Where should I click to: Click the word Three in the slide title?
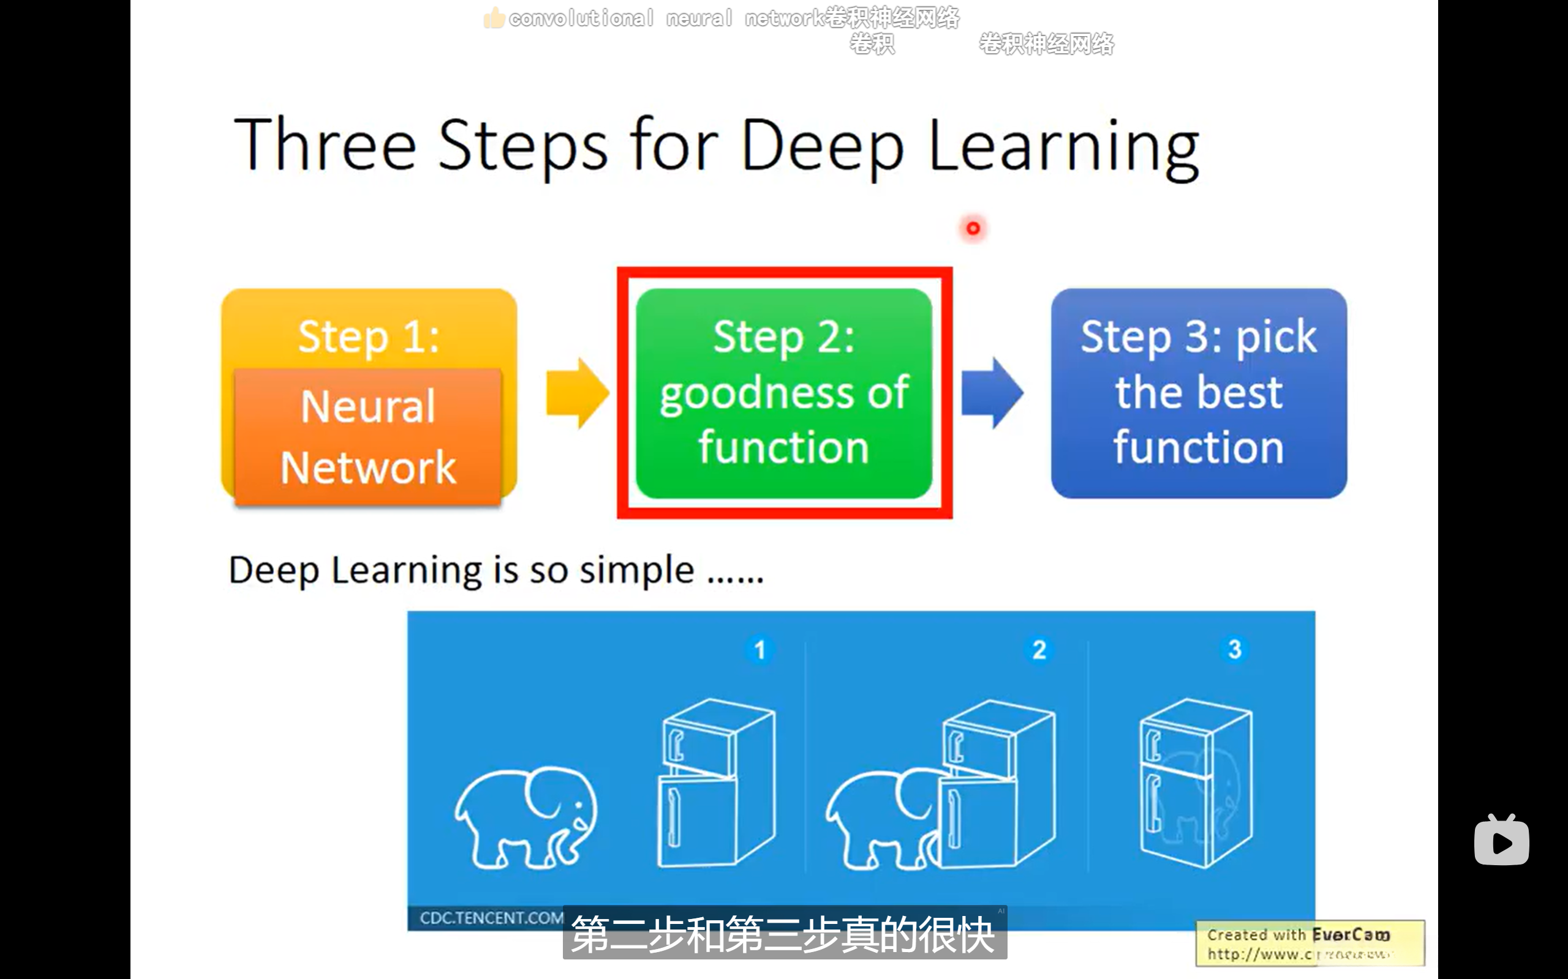tap(325, 146)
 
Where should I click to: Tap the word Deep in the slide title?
tap(821, 146)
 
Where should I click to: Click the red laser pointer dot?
tap(973, 228)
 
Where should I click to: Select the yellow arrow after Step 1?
tap(576, 393)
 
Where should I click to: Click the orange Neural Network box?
tap(368, 437)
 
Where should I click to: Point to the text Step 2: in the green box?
tap(784, 337)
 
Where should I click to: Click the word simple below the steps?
tap(636, 570)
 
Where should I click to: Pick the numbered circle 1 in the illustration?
tap(760, 649)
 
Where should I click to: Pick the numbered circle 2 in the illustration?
tap(1039, 649)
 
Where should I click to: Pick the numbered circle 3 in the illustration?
tap(1234, 649)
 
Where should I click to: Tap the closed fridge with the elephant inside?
tap(1196, 783)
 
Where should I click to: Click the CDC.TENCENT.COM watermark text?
tap(491, 917)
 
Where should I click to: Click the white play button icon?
tap(1501, 842)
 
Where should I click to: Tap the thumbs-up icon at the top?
tap(494, 18)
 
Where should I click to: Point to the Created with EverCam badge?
tap(1310, 944)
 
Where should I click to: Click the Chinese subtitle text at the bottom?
tap(784, 934)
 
